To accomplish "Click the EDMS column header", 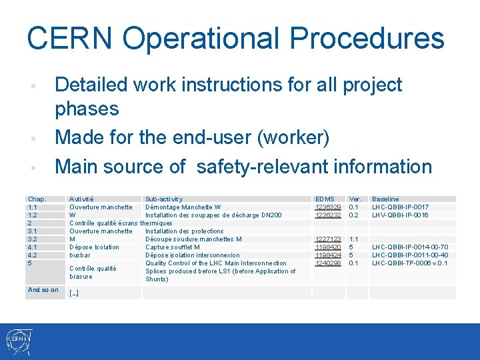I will (325, 199).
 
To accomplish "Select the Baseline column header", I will (385, 199).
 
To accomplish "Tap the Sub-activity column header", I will (164, 199).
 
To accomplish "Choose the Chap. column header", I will (37, 199).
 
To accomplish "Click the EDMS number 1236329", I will (328, 207).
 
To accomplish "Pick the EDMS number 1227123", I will (328, 239).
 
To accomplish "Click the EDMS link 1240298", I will (328, 263).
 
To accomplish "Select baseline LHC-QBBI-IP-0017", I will (400, 207).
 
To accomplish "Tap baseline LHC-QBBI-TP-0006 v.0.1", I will (409, 263).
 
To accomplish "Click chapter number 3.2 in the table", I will (33, 239).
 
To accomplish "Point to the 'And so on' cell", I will (43, 290).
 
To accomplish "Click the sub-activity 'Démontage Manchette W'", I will (183, 207).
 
